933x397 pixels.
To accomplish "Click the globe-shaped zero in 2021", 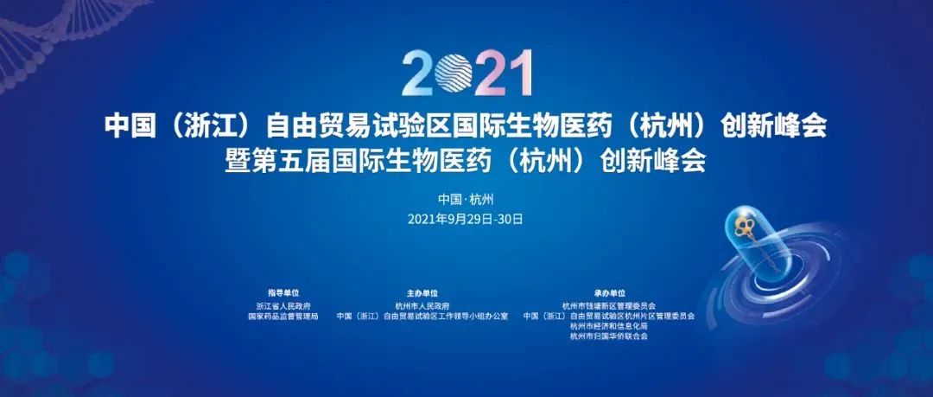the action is pos(454,74).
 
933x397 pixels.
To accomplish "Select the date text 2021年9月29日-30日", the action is pos(466,219).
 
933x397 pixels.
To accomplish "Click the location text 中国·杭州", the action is pos(466,199).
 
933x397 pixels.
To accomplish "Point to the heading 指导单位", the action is pos(283,293).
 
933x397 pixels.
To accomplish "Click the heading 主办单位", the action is pos(422,293).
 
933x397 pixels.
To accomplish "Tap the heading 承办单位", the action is pos(609,293).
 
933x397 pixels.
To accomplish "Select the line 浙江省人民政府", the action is pos(283,306).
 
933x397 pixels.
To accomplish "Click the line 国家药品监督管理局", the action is pos(283,317).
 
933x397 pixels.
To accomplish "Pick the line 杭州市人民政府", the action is pos(422,306).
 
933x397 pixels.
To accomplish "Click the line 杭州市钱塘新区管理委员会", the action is pos(609,306).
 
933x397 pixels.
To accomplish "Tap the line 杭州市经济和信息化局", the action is pos(609,327).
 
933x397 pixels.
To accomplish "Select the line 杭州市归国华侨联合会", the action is pos(609,336).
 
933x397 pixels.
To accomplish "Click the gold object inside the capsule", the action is pos(745,229).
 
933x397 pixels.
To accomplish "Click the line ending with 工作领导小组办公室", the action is pos(422,317).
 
